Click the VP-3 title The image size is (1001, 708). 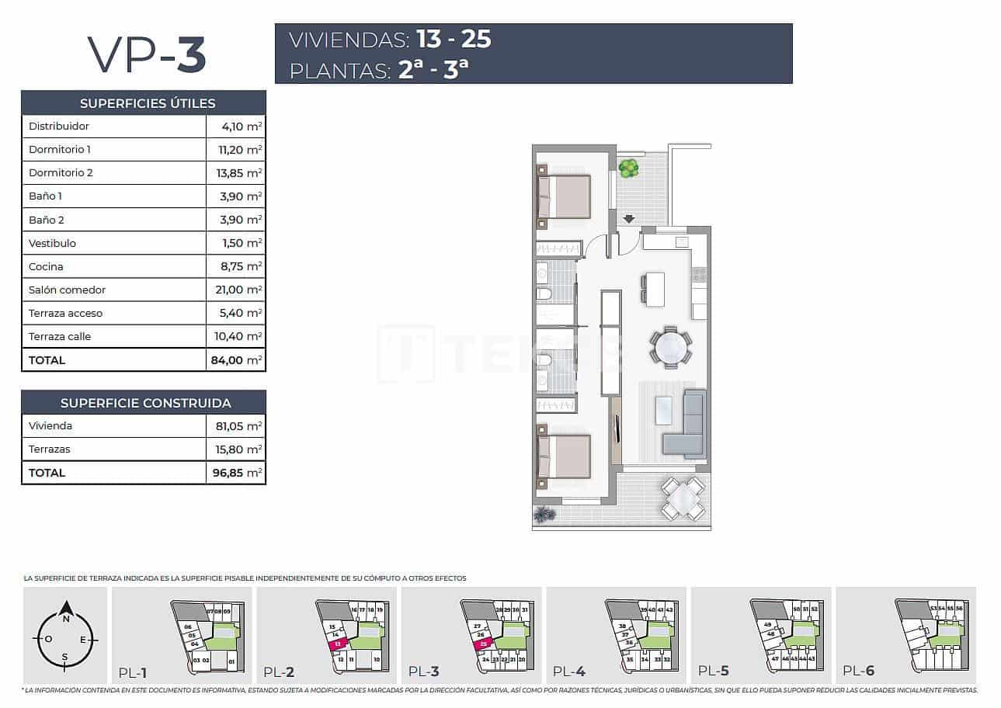coord(146,54)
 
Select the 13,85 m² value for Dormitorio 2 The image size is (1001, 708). coord(240,173)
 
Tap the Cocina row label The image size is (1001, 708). coord(46,266)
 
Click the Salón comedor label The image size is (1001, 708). coord(67,290)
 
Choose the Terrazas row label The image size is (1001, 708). coord(49,449)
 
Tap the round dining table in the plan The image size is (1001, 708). coord(670,348)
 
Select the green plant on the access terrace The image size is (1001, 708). coord(629,168)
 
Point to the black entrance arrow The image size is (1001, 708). coord(628,220)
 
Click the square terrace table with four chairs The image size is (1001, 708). coord(683,498)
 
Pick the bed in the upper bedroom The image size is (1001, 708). coord(565,196)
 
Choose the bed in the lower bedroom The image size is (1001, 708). coord(565,456)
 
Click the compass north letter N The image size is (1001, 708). coord(66,619)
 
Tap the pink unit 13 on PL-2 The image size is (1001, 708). coord(338,644)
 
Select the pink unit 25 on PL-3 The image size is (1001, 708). coord(483,644)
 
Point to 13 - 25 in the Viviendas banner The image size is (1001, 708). coord(454,40)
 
